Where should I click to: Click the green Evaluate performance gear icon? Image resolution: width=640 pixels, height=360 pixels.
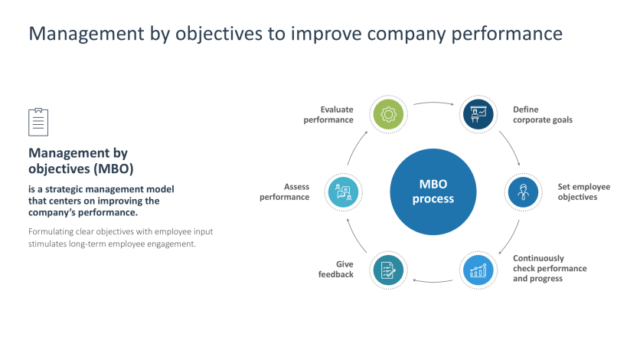pos(388,115)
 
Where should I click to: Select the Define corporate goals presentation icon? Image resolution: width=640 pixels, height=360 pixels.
pos(478,115)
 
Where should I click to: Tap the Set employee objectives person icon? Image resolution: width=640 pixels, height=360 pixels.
pos(524,192)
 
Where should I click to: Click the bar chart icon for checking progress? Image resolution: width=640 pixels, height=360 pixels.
pos(478,270)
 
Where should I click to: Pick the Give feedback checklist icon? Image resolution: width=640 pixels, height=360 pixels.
pos(388,270)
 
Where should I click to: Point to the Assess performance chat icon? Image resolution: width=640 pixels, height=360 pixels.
pos(343,192)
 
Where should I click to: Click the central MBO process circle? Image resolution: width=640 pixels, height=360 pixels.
pos(433,192)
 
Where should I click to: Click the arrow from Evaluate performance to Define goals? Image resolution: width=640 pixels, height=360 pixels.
pos(433,102)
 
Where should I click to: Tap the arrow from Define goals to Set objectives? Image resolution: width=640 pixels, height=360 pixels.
pos(510,147)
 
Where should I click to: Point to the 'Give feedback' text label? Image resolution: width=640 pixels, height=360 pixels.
pos(336,270)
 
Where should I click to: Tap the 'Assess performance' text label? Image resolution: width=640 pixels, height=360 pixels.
pos(285,192)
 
